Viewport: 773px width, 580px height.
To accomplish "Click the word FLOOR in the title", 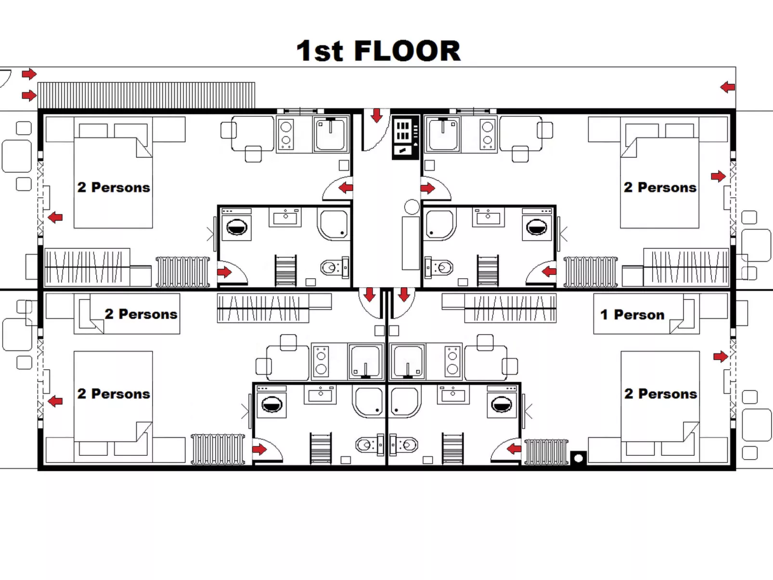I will click(407, 51).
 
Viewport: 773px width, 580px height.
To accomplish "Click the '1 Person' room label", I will click(632, 315).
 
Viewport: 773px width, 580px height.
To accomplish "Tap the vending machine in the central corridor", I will click(405, 137).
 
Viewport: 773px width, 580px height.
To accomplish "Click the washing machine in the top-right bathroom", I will click(537, 226).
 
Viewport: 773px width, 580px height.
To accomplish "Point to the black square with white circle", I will click(579, 458).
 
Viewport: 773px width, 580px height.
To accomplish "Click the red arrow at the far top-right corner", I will click(727, 87).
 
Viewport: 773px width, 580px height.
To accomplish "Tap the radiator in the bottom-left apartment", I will click(218, 449).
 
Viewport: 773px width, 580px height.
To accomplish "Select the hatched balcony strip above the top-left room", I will click(146, 95).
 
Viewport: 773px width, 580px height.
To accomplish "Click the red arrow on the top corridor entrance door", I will click(376, 115).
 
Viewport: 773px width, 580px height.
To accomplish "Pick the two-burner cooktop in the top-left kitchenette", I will click(286, 134).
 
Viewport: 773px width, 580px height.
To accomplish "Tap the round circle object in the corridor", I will click(412, 207).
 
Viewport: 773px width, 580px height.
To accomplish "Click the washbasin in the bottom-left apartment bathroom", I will click(320, 395).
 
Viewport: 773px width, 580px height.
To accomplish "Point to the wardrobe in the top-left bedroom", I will click(87, 267).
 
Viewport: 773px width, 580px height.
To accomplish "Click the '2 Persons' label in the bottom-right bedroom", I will click(660, 394).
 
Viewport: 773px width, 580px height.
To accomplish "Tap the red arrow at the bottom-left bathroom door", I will click(259, 450).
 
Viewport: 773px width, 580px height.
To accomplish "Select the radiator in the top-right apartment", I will click(591, 272).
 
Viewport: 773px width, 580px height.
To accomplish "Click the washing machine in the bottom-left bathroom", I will click(271, 404).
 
